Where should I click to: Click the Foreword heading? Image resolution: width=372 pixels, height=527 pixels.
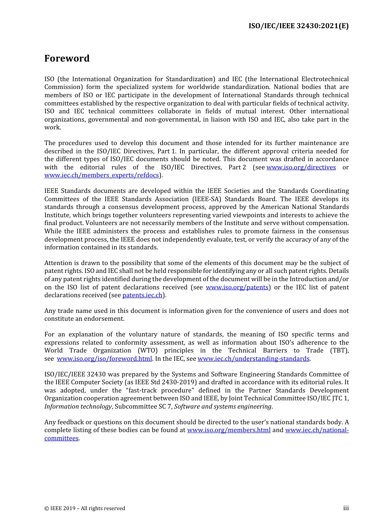[67, 58]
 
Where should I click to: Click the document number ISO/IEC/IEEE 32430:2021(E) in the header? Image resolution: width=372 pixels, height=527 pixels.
[298, 26]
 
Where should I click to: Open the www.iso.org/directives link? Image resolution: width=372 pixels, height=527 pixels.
[301, 167]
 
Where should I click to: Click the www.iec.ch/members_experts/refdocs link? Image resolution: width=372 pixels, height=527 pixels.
[101, 175]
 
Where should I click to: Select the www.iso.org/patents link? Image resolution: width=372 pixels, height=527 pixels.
[237, 287]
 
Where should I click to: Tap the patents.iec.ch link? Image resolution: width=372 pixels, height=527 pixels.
[142, 295]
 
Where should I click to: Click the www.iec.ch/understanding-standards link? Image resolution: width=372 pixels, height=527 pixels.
[253, 359]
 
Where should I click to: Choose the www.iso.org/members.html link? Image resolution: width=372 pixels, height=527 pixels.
[229, 430]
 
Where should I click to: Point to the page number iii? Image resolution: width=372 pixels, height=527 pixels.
[346, 508]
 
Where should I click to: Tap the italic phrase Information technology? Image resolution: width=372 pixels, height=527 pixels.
[78, 407]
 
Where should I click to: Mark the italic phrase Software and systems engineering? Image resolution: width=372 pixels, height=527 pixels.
[222, 407]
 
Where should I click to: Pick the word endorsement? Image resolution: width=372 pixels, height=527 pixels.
[106, 319]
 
